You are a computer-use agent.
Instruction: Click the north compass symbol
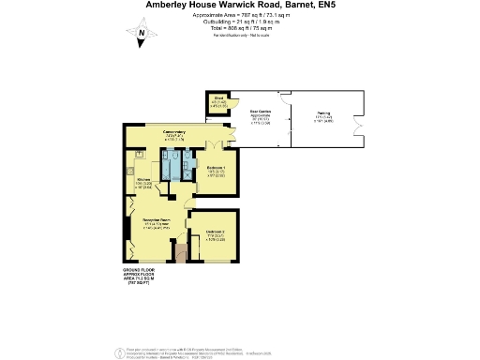tap(141, 37)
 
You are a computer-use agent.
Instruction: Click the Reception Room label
tap(156, 222)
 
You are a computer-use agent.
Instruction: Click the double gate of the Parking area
tap(354, 127)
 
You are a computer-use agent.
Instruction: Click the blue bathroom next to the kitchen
tap(171, 165)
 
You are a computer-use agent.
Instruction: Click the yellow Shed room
tap(217, 104)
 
